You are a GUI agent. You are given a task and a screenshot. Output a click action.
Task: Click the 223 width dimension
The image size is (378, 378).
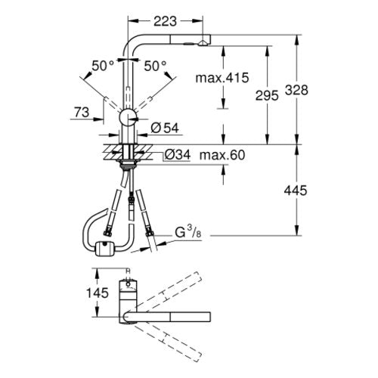(x=165, y=21)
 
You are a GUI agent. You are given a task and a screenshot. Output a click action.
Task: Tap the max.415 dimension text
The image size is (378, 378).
(x=222, y=78)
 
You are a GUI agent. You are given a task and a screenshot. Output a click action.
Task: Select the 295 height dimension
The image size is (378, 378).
(x=267, y=96)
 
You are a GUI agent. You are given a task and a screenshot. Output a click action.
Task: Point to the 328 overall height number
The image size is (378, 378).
(x=296, y=90)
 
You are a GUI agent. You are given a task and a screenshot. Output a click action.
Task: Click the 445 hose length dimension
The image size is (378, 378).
(x=296, y=191)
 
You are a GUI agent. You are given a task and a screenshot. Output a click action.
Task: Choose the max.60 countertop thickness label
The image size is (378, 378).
(x=222, y=155)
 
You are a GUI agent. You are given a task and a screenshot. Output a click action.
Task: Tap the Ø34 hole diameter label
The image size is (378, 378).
(x=178, y=154)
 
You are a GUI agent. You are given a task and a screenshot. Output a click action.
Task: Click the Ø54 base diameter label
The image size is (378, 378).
(x=165, y=128)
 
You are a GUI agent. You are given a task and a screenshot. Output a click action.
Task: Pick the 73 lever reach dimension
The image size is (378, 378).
(x=82, y=112)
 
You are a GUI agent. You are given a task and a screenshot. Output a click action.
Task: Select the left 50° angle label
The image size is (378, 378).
(x=103, y=66)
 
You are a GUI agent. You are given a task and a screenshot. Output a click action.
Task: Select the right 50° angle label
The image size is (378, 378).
(x=155, y=66)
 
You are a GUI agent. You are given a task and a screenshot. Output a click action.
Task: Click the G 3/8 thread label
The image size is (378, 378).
(x=188, y=232)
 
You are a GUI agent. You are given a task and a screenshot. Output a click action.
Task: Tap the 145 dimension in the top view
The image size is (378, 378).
(x=98, y=293)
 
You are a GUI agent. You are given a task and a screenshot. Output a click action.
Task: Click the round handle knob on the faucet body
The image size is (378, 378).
(x=128, y=117)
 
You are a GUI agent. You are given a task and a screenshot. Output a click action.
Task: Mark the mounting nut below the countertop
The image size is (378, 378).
(x=128, y=165)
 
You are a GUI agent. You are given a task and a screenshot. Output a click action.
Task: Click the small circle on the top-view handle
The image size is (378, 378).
(x=129, y=284)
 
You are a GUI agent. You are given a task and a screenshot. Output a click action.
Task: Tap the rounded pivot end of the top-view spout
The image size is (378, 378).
(x=127, y=317)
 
